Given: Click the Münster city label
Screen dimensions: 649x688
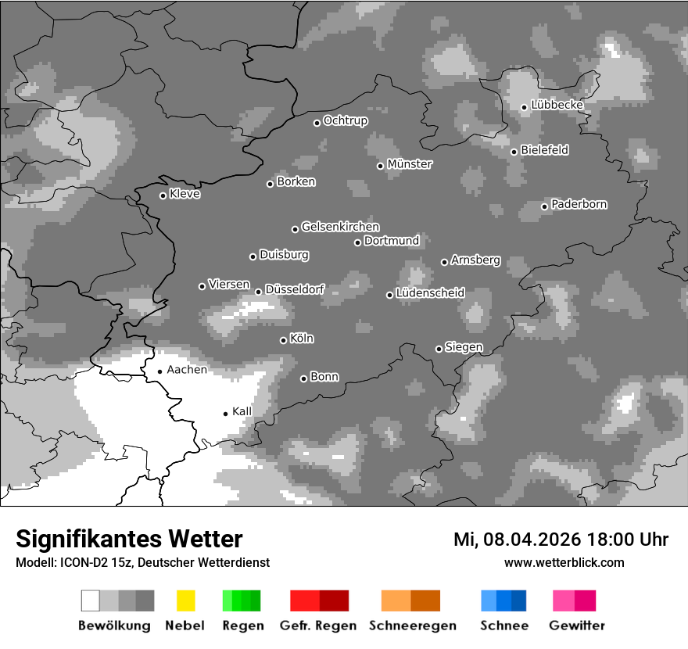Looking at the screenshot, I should point(410,164).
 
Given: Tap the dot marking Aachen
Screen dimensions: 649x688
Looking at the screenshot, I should point(159,371).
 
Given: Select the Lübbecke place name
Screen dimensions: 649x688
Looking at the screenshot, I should point(557,105).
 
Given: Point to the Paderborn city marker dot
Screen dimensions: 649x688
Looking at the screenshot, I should point(545,206).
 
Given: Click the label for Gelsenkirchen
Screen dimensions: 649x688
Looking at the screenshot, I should point(340,227).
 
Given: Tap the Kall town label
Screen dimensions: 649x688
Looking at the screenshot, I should point(242,411).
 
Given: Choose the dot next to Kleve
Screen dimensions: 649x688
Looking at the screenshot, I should point(163,195).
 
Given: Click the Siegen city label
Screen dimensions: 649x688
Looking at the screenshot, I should point(464,347).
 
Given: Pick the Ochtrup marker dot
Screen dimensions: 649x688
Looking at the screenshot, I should point(317,123).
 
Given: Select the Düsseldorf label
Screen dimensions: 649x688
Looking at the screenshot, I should point(295,289).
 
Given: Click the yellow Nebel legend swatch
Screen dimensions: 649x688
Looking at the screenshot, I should point(185,601).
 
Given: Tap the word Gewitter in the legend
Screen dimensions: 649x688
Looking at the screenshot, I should point(577,626).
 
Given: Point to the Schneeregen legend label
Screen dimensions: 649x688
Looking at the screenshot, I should point(413,626).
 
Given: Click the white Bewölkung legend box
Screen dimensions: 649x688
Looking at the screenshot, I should point(90,601).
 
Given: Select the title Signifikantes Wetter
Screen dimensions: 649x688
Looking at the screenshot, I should point(129,540).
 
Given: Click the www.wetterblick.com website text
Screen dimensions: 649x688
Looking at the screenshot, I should point(564,562).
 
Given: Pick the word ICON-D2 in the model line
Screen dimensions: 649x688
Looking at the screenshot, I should point(78,562).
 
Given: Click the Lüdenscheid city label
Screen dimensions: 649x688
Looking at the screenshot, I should point(430,293).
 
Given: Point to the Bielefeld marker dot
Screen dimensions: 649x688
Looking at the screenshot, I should point(514,152).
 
